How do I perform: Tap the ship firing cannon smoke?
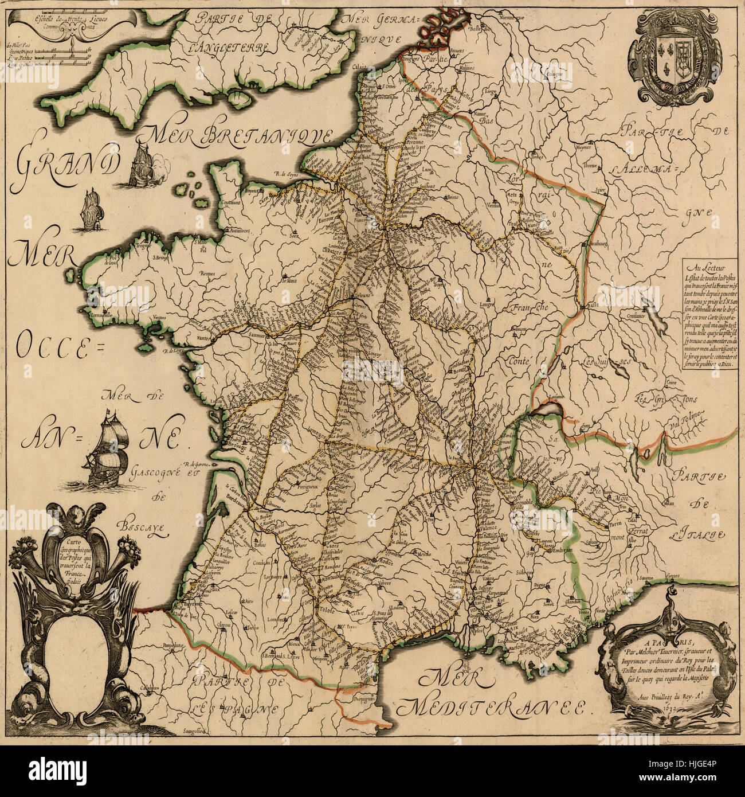coord(142,164)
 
